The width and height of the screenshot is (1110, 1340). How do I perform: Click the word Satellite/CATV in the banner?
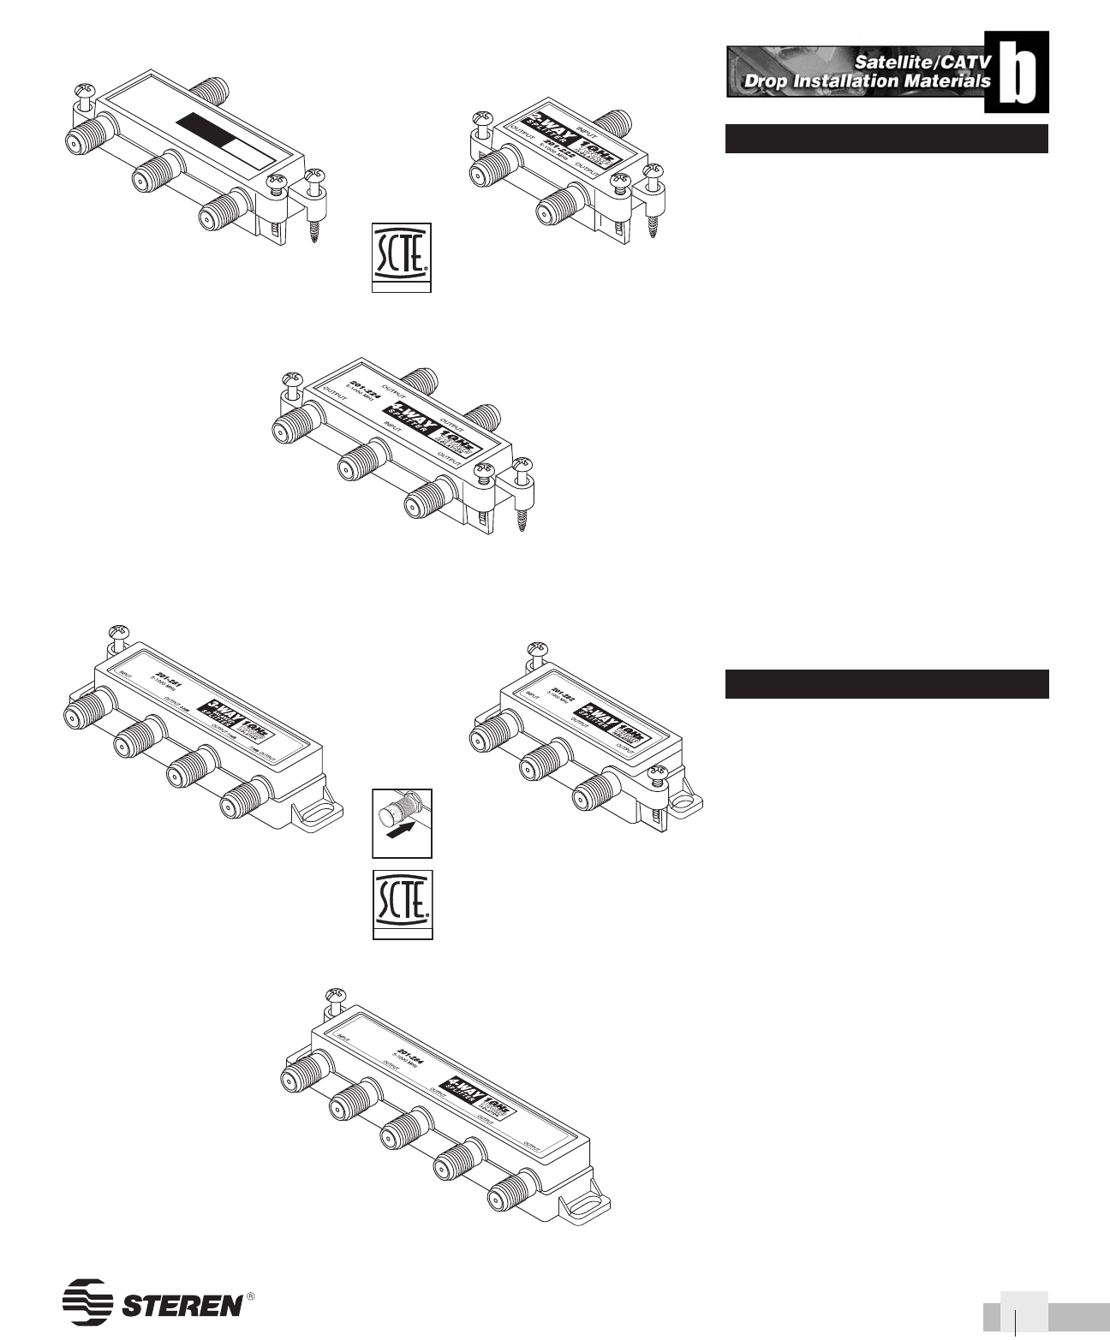pos(916,62)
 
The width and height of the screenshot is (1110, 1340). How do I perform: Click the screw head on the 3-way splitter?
pos(117,635)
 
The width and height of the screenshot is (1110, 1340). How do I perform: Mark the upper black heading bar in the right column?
pos(886,139)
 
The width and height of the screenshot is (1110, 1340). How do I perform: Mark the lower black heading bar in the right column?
pos(886,683)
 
